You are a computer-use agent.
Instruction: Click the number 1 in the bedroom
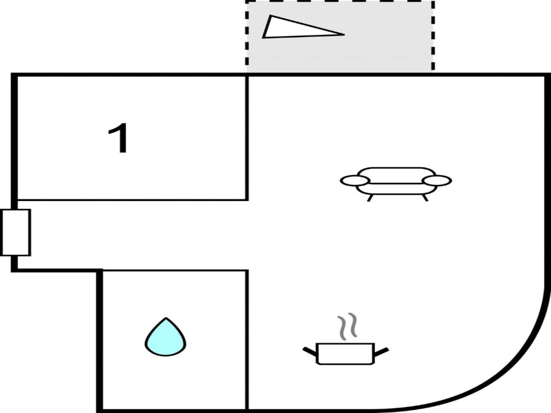[x=119, y=138]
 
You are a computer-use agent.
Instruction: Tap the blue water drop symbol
[x=166, y=337]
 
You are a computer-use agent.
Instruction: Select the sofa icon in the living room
[x=396, y=184]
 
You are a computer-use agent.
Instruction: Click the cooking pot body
[x=345, y=354]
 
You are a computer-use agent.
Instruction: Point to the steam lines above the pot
[x=347, y=326]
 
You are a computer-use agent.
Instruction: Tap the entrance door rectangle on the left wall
[x=16, y=232]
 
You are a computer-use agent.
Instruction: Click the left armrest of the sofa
[x=355, y=181]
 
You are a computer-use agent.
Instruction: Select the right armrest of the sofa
[x=437, y=181]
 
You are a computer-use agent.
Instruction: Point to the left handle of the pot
[x=310, y=351]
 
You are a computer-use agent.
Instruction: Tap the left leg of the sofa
[x=369, y=198]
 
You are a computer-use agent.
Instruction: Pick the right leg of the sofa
[x=425, y=198]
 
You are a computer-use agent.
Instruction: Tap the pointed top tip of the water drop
[x=166, y=318]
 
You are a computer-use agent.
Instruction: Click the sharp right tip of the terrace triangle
[x=344, y=34]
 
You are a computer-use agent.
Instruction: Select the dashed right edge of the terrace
[x=433, y=36]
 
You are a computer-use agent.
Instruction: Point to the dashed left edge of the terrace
[x=246, y=36]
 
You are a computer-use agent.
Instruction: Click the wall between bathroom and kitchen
[x=248, y=340]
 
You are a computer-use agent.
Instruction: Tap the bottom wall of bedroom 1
[x=132, y=200]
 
